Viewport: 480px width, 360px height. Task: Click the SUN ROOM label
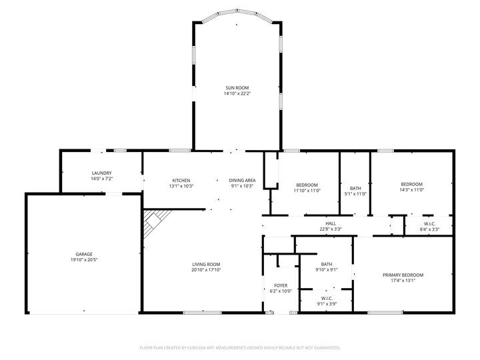tap(237, 87)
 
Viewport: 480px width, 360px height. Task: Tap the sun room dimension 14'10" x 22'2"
tap(237, 94)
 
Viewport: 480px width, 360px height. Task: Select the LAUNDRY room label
tap(101, 173)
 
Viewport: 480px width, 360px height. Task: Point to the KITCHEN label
tap(181, 181)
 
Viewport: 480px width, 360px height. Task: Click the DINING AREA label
tap(242, 181)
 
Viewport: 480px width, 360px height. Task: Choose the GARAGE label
tap(83, 254)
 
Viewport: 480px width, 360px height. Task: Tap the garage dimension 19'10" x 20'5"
tap(83, 260)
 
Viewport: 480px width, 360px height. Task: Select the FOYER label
tap(281, 285)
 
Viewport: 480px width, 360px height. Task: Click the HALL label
tap(330, 223)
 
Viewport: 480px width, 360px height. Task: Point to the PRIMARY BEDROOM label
tap(403, 275)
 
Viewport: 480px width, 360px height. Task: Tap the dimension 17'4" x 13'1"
tap(403, 281)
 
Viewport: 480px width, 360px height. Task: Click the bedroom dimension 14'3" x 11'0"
tap(411, 190)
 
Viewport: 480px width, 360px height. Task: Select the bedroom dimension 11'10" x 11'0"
tap(307, 191)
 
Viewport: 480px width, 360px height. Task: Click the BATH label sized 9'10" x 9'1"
tap(326, 264)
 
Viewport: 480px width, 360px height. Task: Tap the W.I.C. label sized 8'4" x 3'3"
tap(429, 223)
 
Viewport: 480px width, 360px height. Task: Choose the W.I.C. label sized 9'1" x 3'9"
tap(327, 298)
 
